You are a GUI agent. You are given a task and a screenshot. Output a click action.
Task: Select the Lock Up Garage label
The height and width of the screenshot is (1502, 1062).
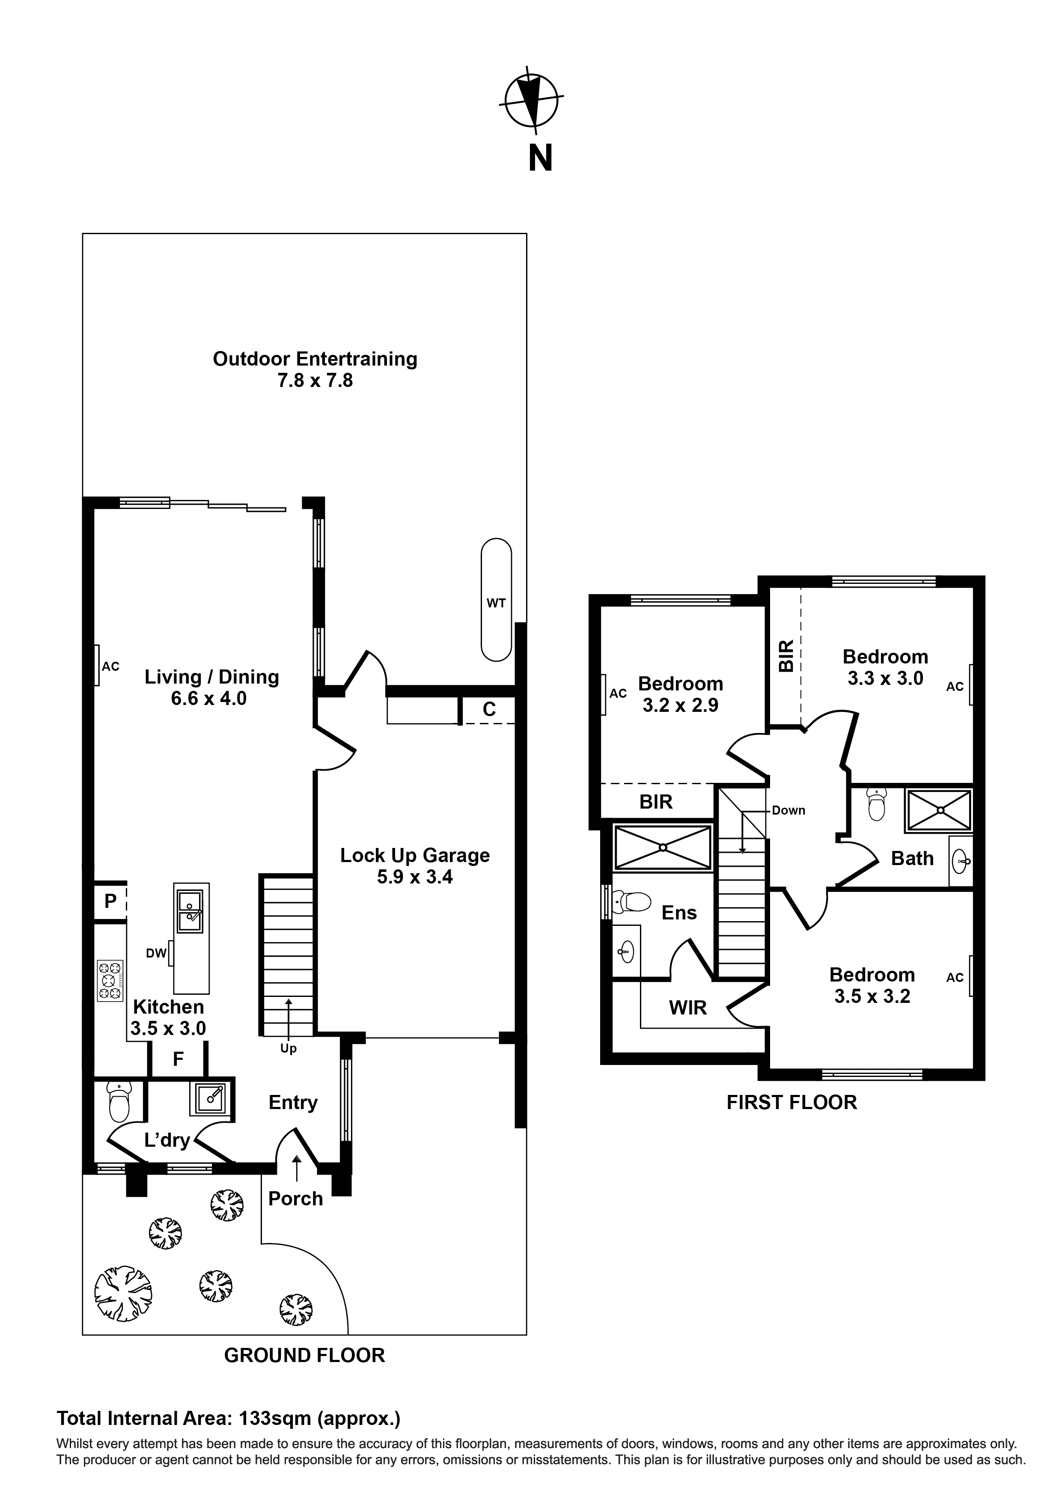click(415, 855)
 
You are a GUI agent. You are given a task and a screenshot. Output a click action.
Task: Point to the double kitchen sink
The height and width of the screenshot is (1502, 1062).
click(191, 912)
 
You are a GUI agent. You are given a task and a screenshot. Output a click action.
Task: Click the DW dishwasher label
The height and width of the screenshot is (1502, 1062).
click(156, 953)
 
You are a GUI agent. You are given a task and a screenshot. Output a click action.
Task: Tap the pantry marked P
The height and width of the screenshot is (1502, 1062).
click(110, 901)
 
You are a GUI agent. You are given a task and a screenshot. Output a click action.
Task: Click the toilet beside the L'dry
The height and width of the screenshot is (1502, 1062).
click(119, 1101)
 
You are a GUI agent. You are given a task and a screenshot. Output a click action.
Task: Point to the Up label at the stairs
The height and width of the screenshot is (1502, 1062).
click(289, 1048)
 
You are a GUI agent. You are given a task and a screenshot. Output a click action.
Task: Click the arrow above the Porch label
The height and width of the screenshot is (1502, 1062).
click(297, 1168)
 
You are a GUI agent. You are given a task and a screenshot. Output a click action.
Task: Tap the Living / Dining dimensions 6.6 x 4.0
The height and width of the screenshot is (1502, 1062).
click(209, 699)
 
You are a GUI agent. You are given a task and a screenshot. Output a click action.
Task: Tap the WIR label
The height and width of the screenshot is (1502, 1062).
click(688, 1008)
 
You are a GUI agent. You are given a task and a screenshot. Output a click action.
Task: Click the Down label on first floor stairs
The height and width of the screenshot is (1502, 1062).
click(788, 811)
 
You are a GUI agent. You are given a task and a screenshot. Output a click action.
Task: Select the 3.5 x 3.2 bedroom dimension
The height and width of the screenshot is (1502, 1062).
click(872, 996)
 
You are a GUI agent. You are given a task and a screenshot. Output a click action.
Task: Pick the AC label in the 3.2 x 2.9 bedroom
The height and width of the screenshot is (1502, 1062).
click(618, 693)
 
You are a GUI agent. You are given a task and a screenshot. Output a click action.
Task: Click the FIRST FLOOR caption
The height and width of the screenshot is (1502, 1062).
click(791, 1102)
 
